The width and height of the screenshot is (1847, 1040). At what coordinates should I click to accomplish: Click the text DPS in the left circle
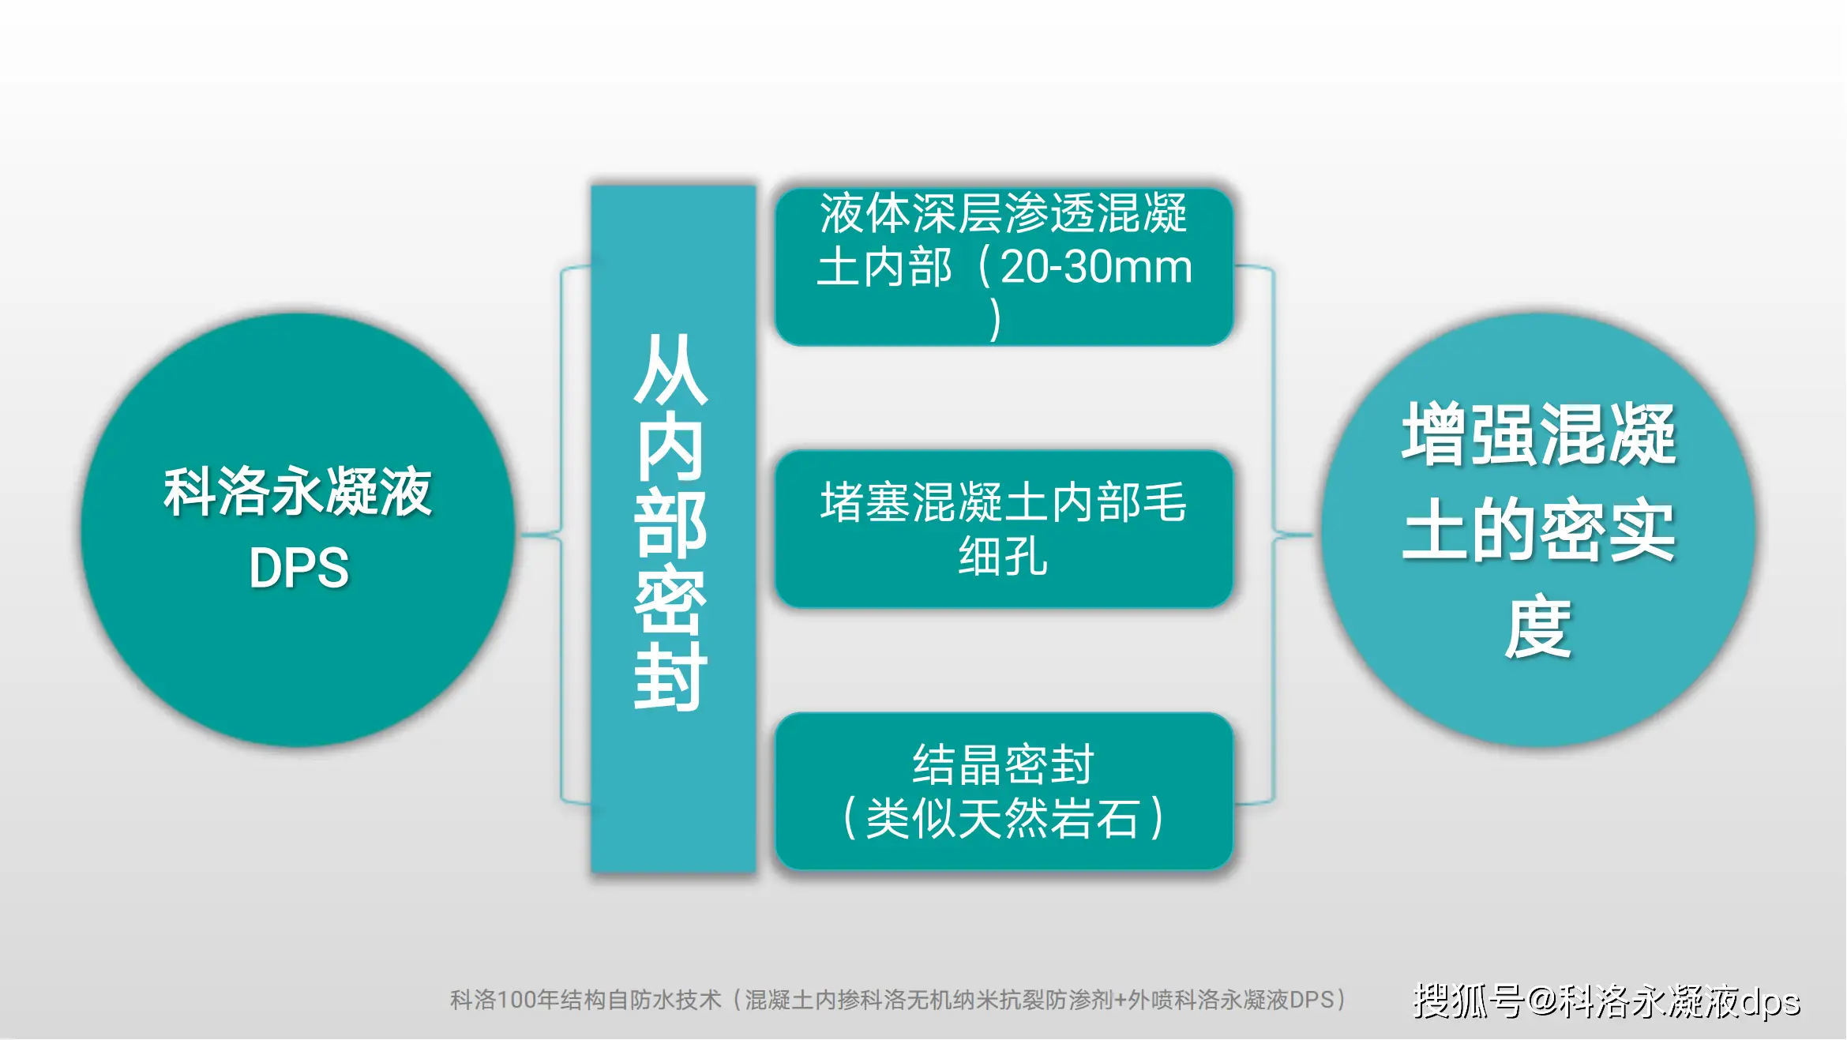298,568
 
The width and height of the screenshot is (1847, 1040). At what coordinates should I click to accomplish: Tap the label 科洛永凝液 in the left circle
298,492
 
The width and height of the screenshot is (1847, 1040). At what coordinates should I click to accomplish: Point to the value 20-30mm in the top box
1096,267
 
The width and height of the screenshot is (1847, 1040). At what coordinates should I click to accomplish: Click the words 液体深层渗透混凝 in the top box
1003,213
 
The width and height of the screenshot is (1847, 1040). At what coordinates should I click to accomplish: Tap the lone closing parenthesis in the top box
996,319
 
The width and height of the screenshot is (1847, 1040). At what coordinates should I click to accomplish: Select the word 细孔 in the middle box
1003,556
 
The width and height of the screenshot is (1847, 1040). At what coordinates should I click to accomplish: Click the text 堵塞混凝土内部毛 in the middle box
1003,502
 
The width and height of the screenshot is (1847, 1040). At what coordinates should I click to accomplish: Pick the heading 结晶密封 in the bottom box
1003,764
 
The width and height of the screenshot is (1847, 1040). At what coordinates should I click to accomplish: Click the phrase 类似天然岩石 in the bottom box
1003,818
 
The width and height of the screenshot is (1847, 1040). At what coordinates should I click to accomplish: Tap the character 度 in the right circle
1538,628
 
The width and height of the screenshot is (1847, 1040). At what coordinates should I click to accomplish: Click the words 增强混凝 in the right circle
1538,434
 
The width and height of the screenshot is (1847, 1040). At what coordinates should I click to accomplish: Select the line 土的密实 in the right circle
1538,531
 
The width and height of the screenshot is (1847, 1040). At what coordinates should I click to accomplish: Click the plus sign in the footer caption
1120,1001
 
